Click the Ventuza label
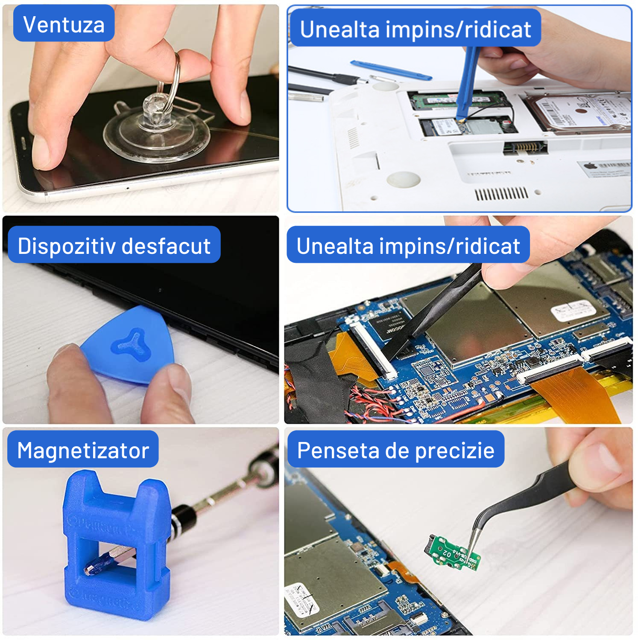(64, 24)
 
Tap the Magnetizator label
(83, 450)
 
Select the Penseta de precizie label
(395, 450)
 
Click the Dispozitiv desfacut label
(114, 245)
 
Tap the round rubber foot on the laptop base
(403, 179)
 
